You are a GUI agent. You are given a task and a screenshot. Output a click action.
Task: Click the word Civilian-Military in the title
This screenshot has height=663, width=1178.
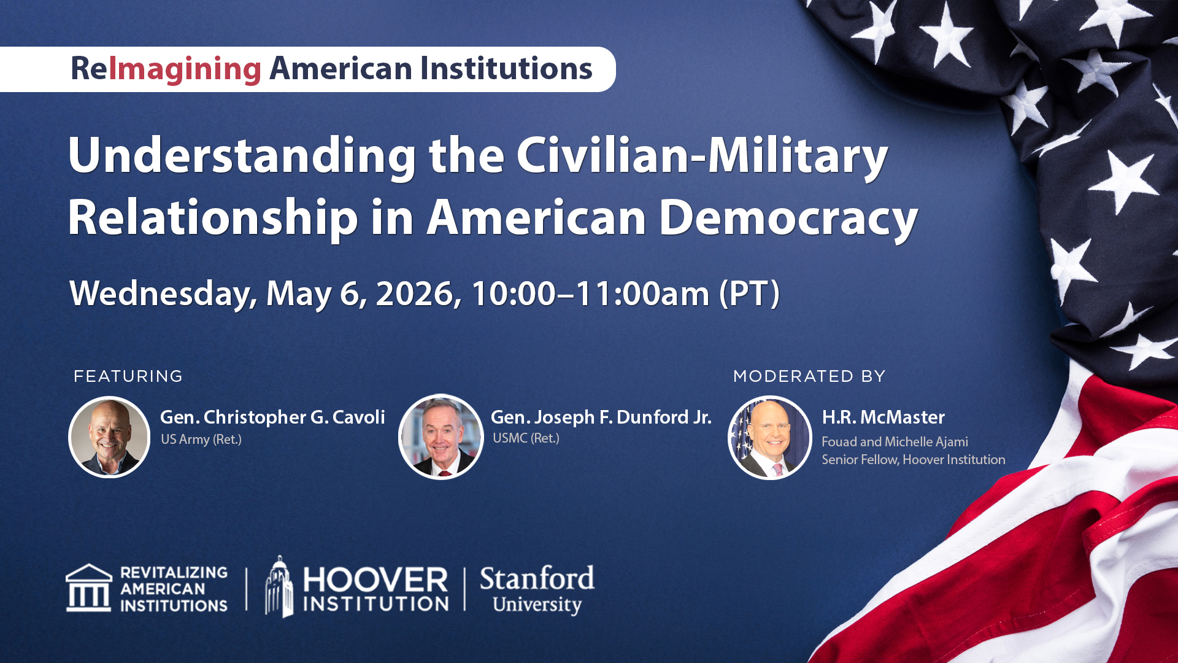click(701, 156)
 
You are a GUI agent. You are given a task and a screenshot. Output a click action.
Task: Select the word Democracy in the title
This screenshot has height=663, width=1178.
click(788, 218)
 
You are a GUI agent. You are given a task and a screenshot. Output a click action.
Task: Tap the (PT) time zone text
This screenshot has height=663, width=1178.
click(749, 293)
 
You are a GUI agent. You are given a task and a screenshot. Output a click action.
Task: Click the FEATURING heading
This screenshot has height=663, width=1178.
click(128, 376)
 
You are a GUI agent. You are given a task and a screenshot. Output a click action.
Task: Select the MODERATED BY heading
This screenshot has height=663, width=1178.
click(809, 376)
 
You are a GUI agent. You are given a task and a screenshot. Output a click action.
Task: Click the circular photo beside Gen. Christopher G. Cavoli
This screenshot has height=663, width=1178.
click(109, 437)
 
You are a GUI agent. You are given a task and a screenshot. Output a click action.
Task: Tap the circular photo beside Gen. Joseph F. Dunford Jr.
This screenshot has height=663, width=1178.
click(441, 437)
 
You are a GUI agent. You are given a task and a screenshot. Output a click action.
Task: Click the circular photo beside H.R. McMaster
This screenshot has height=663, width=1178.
click(769, 437)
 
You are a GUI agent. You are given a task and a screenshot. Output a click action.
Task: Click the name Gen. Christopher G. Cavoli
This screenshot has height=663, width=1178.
click(272, 417)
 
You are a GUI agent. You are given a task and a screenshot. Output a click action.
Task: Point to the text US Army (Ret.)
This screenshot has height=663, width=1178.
click(201, 440)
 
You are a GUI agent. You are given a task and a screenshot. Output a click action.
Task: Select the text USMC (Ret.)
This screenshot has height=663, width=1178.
click(526, 438)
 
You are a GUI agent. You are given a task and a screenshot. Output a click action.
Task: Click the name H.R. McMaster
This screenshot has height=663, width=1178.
click(883, 417)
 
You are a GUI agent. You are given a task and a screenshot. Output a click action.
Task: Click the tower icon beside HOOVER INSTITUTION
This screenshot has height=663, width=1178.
click(279, 587)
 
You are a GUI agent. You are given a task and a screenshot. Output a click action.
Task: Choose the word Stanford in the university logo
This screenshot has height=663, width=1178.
click(537, 578)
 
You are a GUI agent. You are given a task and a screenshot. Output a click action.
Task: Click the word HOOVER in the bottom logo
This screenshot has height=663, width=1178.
click(375, 580)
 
